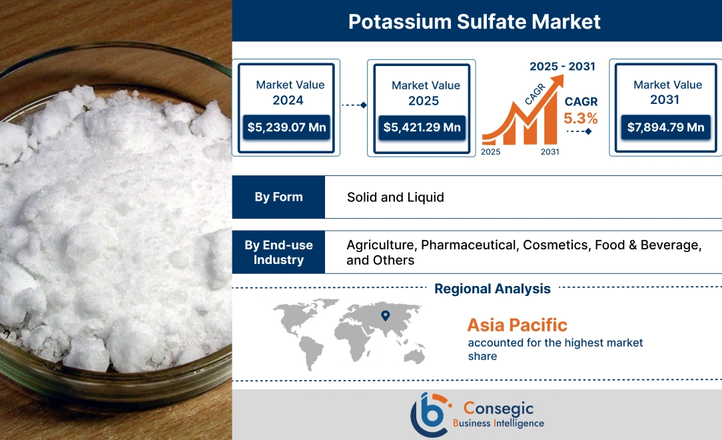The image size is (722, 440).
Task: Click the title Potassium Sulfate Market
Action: [474, 21]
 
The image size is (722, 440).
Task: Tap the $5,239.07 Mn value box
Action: [286, 127]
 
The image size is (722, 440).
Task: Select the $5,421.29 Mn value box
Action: [422, 127]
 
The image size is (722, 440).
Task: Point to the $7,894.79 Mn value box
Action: [665, 127]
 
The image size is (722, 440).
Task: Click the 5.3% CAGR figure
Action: [581, 119]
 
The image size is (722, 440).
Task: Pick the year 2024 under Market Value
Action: [288, 100]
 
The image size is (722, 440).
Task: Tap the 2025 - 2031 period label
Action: [562, 66]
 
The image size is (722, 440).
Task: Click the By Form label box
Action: [278, 197]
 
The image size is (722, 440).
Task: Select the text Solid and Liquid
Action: [395, 197]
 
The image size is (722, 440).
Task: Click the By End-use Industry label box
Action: [278, 252]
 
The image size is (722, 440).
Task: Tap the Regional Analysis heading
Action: [492, 289]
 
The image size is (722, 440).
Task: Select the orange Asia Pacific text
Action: [517, 325]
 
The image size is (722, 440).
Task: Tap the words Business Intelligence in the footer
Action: [498, 423]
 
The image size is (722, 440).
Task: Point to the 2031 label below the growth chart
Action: [550, 152]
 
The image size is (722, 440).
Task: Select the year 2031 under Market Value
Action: [665, 100]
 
